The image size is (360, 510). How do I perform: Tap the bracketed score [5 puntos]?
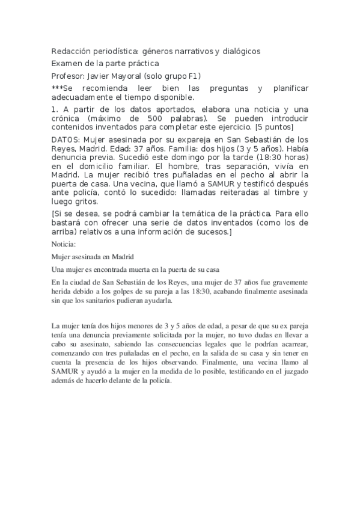274,127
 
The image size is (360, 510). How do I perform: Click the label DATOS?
66,140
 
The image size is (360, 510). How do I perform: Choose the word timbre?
282,192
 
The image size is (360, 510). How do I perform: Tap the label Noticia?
64,244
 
